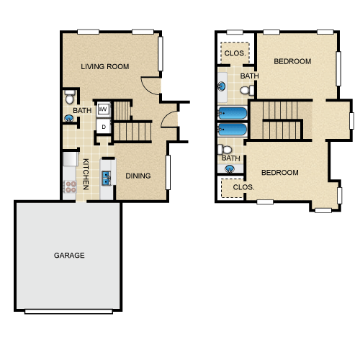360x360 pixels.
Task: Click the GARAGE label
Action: [x=69, y=255]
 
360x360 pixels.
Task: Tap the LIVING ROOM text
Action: [x=105, y=66]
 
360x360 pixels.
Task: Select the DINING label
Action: [x=138, y=176]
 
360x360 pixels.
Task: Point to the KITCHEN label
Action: [x=86, y=174]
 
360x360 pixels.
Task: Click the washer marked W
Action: [x=104, y=109]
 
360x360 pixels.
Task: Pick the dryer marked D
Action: [x=104, y=127]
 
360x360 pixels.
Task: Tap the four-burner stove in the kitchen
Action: [x=70, y=186]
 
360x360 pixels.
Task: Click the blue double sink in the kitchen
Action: [x=106, y=178]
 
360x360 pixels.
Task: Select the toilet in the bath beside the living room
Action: [x=70, y=96]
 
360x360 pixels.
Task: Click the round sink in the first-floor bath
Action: [x=69, y=118]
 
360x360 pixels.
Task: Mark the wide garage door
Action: [x=68, y=312]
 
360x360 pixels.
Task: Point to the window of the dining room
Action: [x=168, y=172]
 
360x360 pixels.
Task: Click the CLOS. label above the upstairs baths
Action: [x=235, y=53]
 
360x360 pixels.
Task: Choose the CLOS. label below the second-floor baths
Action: [x=243, y=187]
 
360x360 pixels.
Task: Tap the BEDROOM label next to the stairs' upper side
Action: [x=292, y=61]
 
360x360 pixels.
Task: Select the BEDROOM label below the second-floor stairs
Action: [x=280, y=173]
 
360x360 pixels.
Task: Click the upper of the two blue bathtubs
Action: [x=233, y=113]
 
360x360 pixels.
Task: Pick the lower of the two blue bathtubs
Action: [x=233, y=130]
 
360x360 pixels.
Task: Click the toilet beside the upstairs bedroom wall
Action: [x=247, y=90]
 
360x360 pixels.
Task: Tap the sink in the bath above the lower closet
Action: [x=230, y=169]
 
